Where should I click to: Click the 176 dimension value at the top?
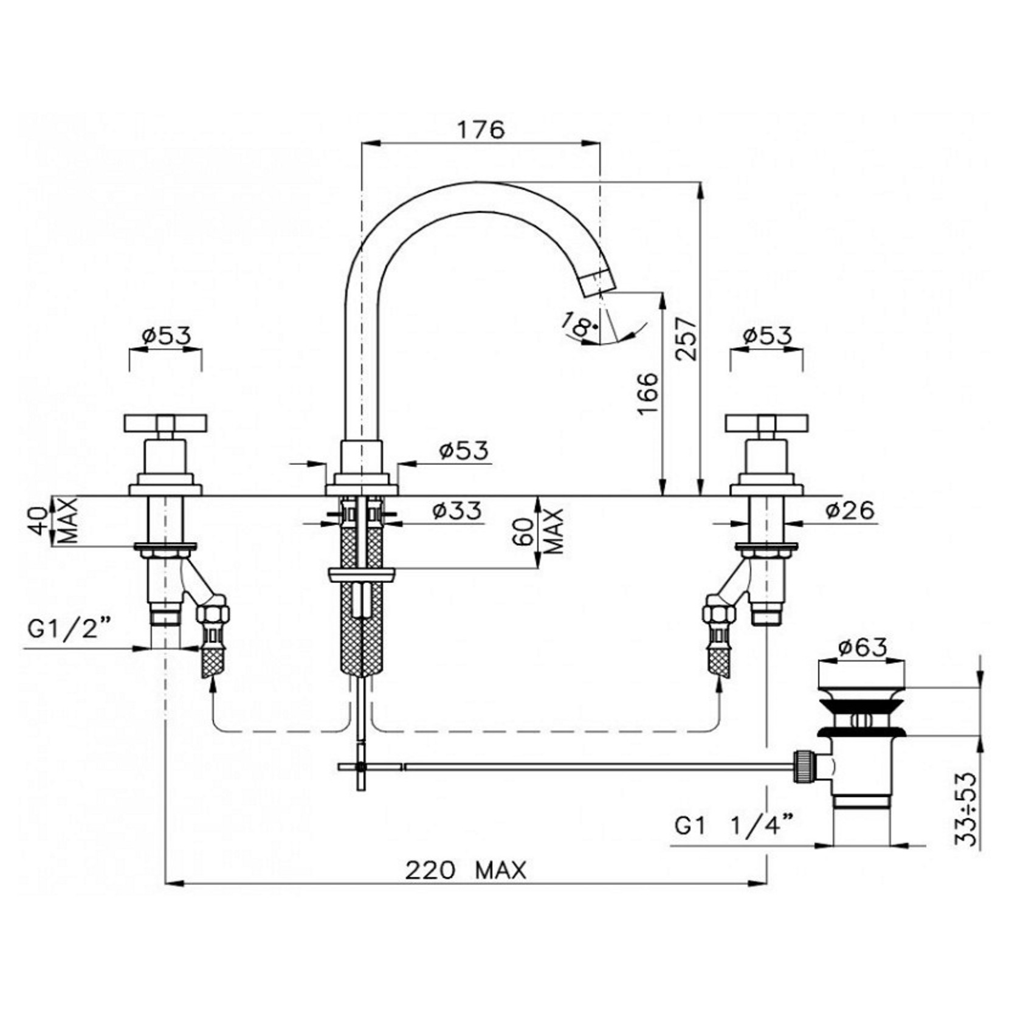[x=480, y=129]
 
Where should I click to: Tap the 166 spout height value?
[x=648, y=393]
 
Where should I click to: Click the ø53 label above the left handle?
[x=166, y=335]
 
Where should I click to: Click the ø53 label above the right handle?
[x=767, y=335]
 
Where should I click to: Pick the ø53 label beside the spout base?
[x=463, y=450]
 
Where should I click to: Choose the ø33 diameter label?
[x=457, y=511]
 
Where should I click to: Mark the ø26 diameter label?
[x=850, y=511]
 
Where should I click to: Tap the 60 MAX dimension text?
[x=543, y=531]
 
